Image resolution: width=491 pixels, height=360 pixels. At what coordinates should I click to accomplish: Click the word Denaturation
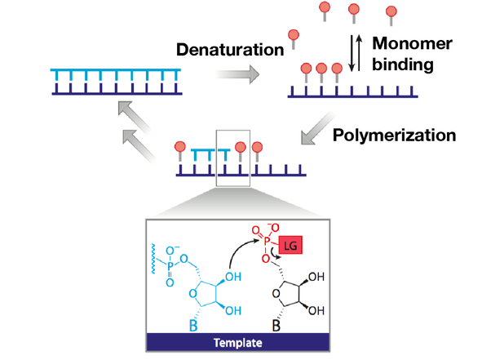[228, 49]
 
